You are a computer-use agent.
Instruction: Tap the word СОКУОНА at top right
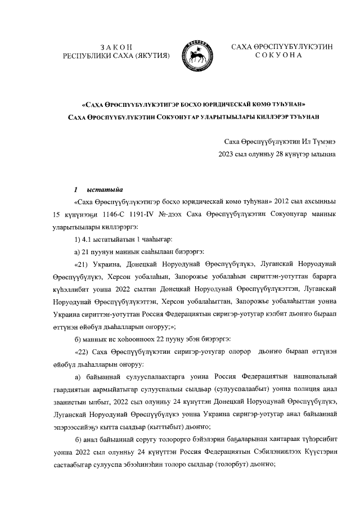[x=281, y=56]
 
